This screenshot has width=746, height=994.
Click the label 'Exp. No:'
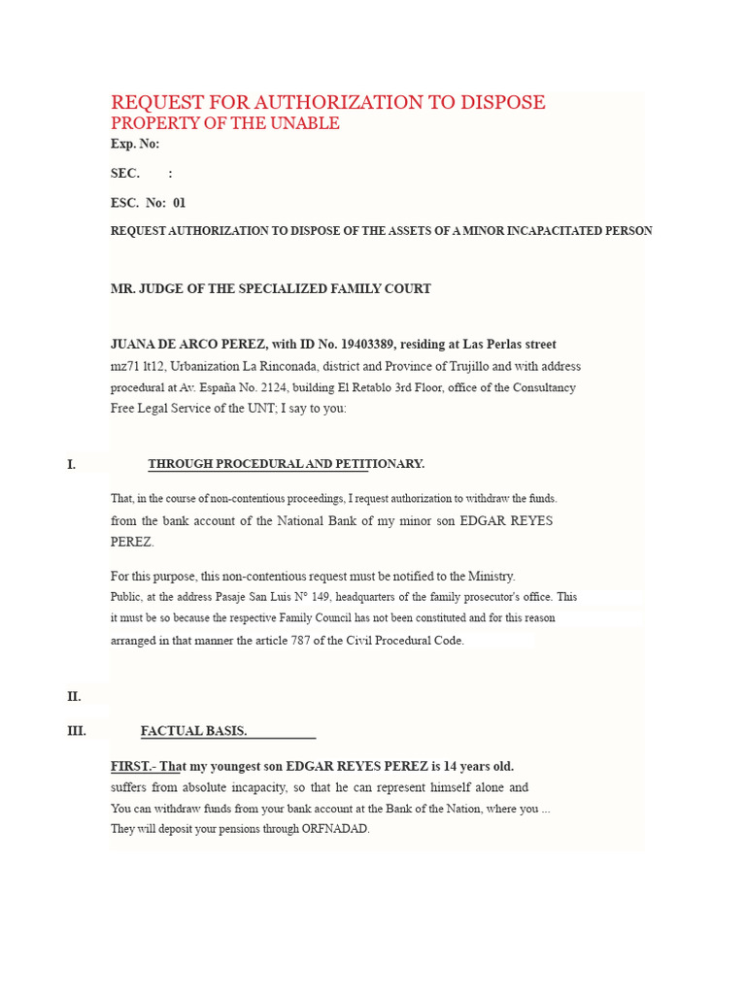pos(134,145)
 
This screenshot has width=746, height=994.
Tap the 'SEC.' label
pos(125,174)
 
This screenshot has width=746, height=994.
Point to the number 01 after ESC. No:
pos(179,203)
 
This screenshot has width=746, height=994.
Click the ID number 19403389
pos(366,345)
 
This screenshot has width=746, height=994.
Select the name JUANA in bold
pos(134,345)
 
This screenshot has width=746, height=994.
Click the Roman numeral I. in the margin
pos(71,465)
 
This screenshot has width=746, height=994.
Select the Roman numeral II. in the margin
pos(74,697)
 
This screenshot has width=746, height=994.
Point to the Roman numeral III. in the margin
pos(77,731)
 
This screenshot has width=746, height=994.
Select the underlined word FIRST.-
pos(133,766)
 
